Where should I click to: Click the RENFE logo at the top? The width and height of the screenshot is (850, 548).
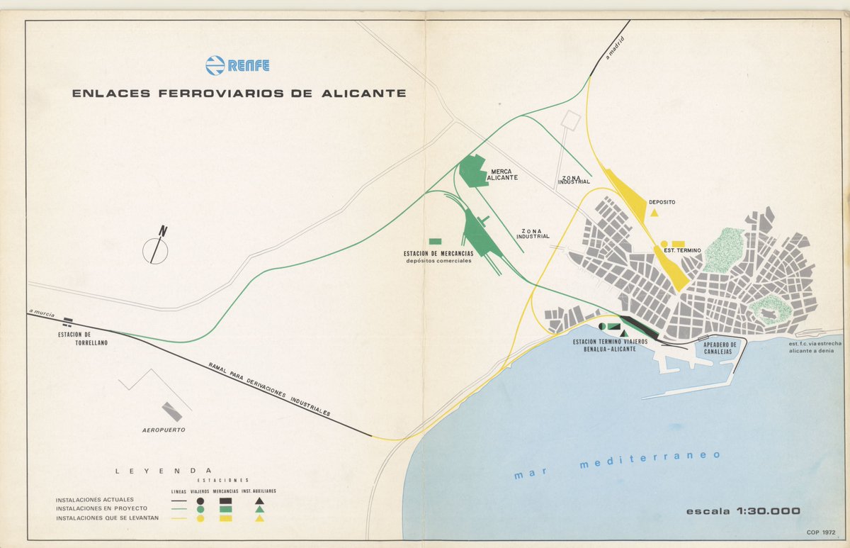pyautogui.click(x=237, y=66)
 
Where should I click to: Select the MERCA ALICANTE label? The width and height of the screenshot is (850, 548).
pyautogui.click(x=501, y=174)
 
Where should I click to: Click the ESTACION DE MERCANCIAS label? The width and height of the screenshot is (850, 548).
pyautogui.click(x=438, y=254)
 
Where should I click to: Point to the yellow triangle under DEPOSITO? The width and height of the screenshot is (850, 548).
pyautogui.click(x=654, y=213)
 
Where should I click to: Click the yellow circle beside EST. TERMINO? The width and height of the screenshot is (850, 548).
pyautogui.click(x=664, y=244)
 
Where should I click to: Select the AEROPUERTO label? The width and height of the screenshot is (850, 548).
pyautogui.click(x=164, y=430)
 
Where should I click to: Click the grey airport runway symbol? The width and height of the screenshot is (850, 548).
pyautogui.click(x=172, y=411)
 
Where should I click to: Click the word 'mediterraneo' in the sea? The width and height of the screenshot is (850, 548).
pyautogui.click(x=650, y=459)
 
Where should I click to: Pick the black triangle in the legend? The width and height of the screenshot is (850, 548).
pyautogui.click(x=260, y=501)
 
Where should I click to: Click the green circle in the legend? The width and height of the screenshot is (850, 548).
pyautogui.click(x=200, y=509)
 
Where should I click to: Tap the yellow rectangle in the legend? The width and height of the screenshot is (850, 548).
pyautogui.click(x=226, y=518)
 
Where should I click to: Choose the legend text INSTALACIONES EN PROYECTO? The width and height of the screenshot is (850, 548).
pyautogui.click(x=101, y=509)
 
